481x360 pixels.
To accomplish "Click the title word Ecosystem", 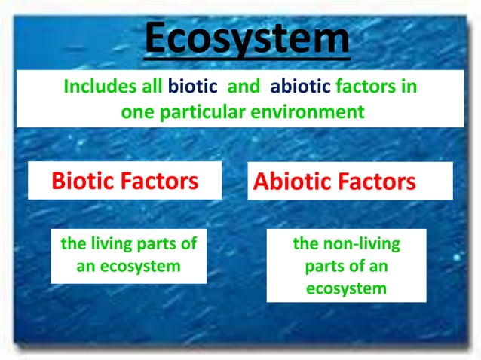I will point(247,40).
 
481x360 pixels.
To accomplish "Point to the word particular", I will point(197,112).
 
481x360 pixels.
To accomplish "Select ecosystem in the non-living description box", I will point(347,288).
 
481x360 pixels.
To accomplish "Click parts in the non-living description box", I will point(323,267).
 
